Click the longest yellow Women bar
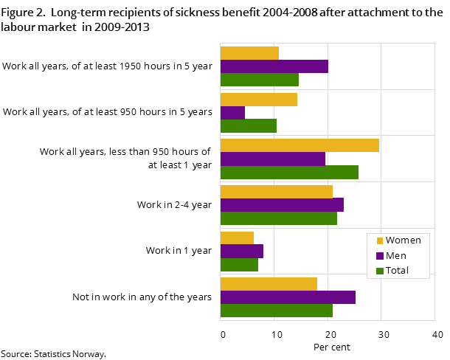(x=300, y=145)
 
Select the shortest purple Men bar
(x=232, y=113)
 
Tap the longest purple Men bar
(x=288, y=297)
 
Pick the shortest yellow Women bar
(x=237, y=238)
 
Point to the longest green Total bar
(x=289, y=173)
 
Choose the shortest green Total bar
(x=239, y=265)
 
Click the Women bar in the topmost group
(x=249, y=53)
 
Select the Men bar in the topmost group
(x=274, y=66)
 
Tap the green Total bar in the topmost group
(x=259, y=80)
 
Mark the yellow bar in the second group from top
(x=258, y=100)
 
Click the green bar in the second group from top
(x=248, y=126)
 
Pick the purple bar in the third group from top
(x=272, y=159)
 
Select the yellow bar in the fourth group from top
(x=276, y=192)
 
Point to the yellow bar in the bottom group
(x=269, y=284)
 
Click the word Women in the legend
(x=403, y=240)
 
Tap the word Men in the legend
(x=395, y=256)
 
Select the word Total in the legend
(x=397, y=271)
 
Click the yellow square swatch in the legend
(x=380, y=240)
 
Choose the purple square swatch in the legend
(x=380, y=256)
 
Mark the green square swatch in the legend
(x=380, y=271)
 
